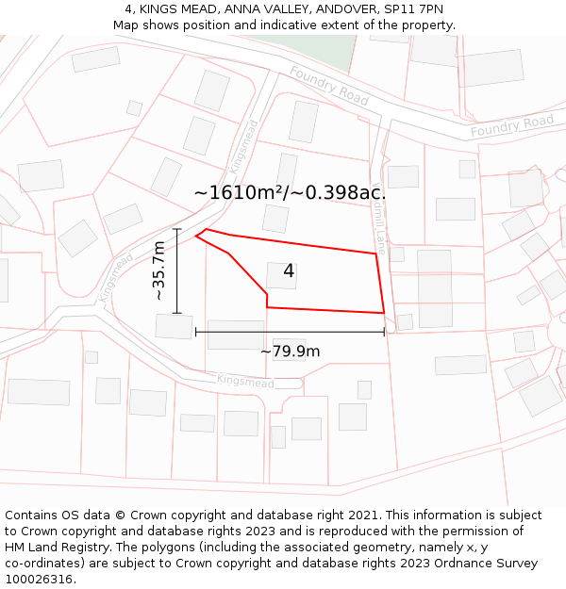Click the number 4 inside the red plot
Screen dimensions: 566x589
(x=289, y=271)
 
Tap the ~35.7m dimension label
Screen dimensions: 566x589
(x=159, y=270)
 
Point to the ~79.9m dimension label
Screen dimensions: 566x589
(x=290, y=352)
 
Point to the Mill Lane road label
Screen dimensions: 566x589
(x=381, y=218)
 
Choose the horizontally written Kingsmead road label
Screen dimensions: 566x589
(x=245, y=382)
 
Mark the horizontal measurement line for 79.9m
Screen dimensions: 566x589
(x=290, y=332)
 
